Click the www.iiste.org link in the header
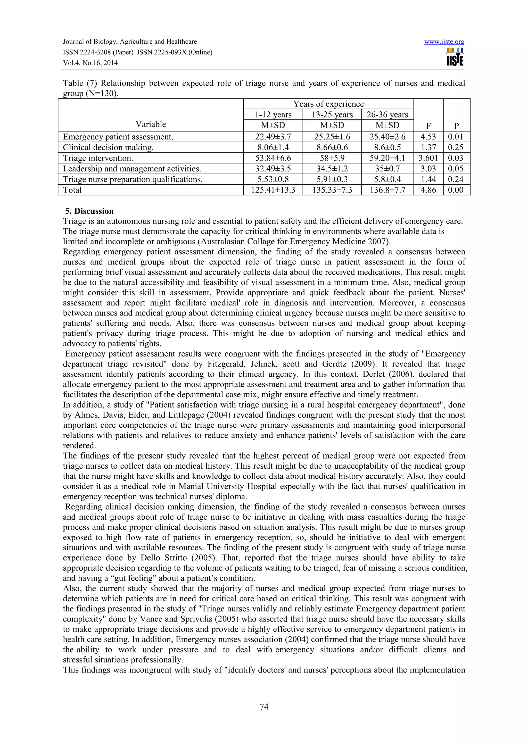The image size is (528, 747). [x=444, y=42]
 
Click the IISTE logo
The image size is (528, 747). [x=455, y=57]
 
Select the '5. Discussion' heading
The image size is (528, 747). [x=89, y=211]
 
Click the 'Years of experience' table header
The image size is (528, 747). [x=328, y=104]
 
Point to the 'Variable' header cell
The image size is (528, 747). [x=151, y=124]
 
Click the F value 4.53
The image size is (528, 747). [x=428, y=137]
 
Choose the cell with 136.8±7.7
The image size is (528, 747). [x=387, y=190]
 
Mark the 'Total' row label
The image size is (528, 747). [x=72, y=190]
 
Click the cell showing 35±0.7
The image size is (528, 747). [x=387, y=169]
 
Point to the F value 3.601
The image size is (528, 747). [x=428, y=158]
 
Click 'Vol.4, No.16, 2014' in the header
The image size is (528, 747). [x=90, y=63]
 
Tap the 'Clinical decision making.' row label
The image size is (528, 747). [x=108, y=147]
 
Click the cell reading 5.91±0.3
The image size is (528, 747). [x=332, y=179]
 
